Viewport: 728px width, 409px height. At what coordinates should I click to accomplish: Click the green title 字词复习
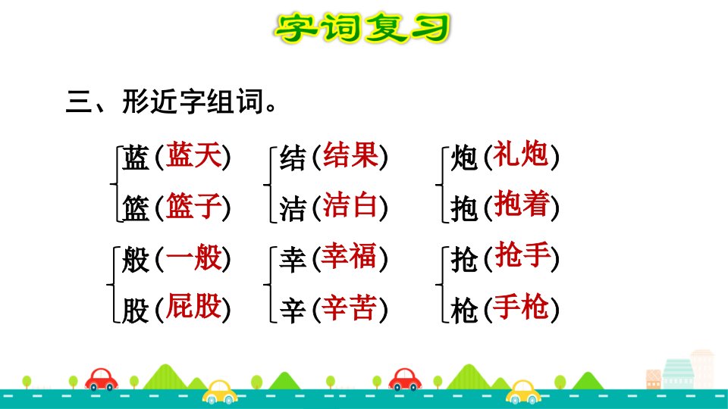(362, 28)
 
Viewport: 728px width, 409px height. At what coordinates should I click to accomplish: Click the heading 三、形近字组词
(171, 101)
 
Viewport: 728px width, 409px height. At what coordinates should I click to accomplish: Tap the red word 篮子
(193, 205)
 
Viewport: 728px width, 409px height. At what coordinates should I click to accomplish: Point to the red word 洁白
(350, 205)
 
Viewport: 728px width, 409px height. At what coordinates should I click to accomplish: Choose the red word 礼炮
(520, 154)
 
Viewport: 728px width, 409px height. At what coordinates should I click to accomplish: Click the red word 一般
(193, 258)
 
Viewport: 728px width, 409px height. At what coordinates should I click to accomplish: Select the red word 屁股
(193, 306)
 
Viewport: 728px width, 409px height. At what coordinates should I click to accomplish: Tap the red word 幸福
(349, 256)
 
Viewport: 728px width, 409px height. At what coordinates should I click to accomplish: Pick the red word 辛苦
(349, 308)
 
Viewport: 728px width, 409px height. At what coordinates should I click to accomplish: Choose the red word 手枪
(520, 306)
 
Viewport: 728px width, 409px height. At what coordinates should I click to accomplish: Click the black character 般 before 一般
(135, 259)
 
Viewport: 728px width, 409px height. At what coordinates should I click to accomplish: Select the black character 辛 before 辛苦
(293, 311)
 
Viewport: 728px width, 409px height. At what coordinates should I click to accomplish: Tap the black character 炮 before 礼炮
(464, 158)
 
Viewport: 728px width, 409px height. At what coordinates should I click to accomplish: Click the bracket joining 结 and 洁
(267, 185)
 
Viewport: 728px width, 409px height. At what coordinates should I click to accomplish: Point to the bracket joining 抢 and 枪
(439, 284)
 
